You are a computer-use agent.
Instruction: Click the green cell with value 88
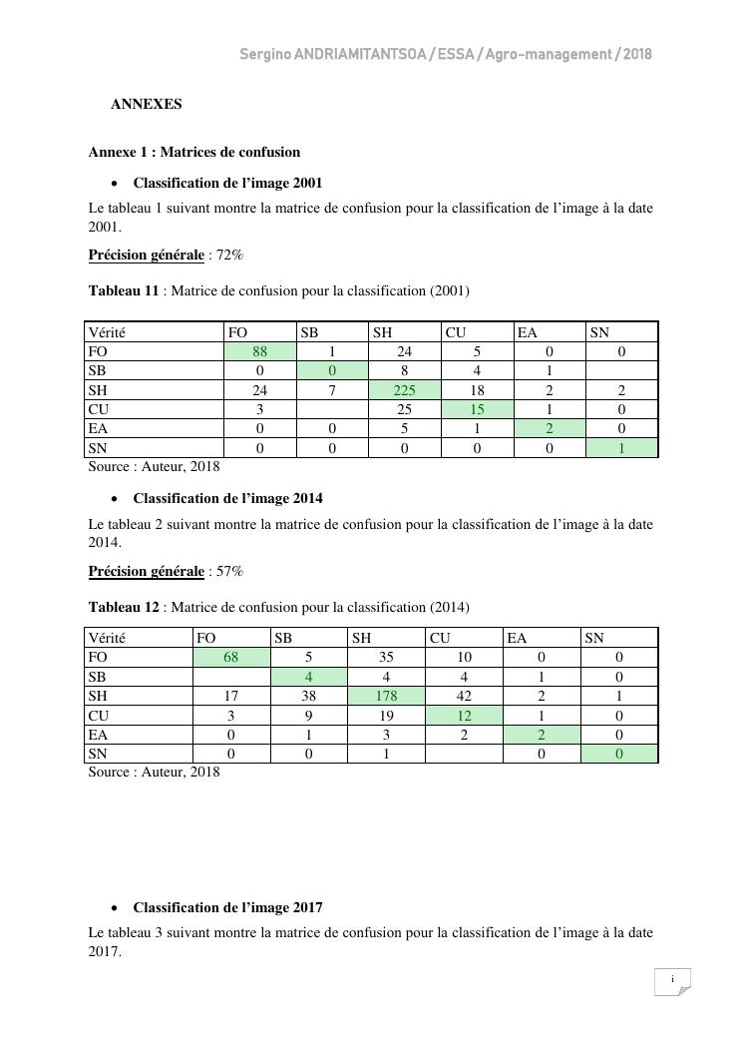(260, 351)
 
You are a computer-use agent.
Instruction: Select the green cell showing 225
(404, 390)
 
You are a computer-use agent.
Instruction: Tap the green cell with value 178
(385, 696)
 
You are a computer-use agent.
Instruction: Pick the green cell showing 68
(231, 657)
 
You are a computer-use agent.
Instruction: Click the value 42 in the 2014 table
(463, 696)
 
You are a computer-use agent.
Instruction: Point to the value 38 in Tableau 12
(309, 696)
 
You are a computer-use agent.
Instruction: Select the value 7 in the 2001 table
(332, 390)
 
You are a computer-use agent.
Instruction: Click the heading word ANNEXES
(146, 103)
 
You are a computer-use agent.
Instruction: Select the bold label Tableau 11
(124, 290)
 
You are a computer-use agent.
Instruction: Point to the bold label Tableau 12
(124, 606)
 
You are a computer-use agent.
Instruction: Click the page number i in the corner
(672, 980)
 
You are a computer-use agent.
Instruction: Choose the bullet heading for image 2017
(227, 907)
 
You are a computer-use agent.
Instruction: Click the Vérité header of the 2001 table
(107, 332)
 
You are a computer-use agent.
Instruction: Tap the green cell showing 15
(477, 409)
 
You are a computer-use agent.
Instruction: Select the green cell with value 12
(463, 715)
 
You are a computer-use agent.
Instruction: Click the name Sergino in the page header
(265, 54)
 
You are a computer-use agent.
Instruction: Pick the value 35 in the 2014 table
(385, 657)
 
